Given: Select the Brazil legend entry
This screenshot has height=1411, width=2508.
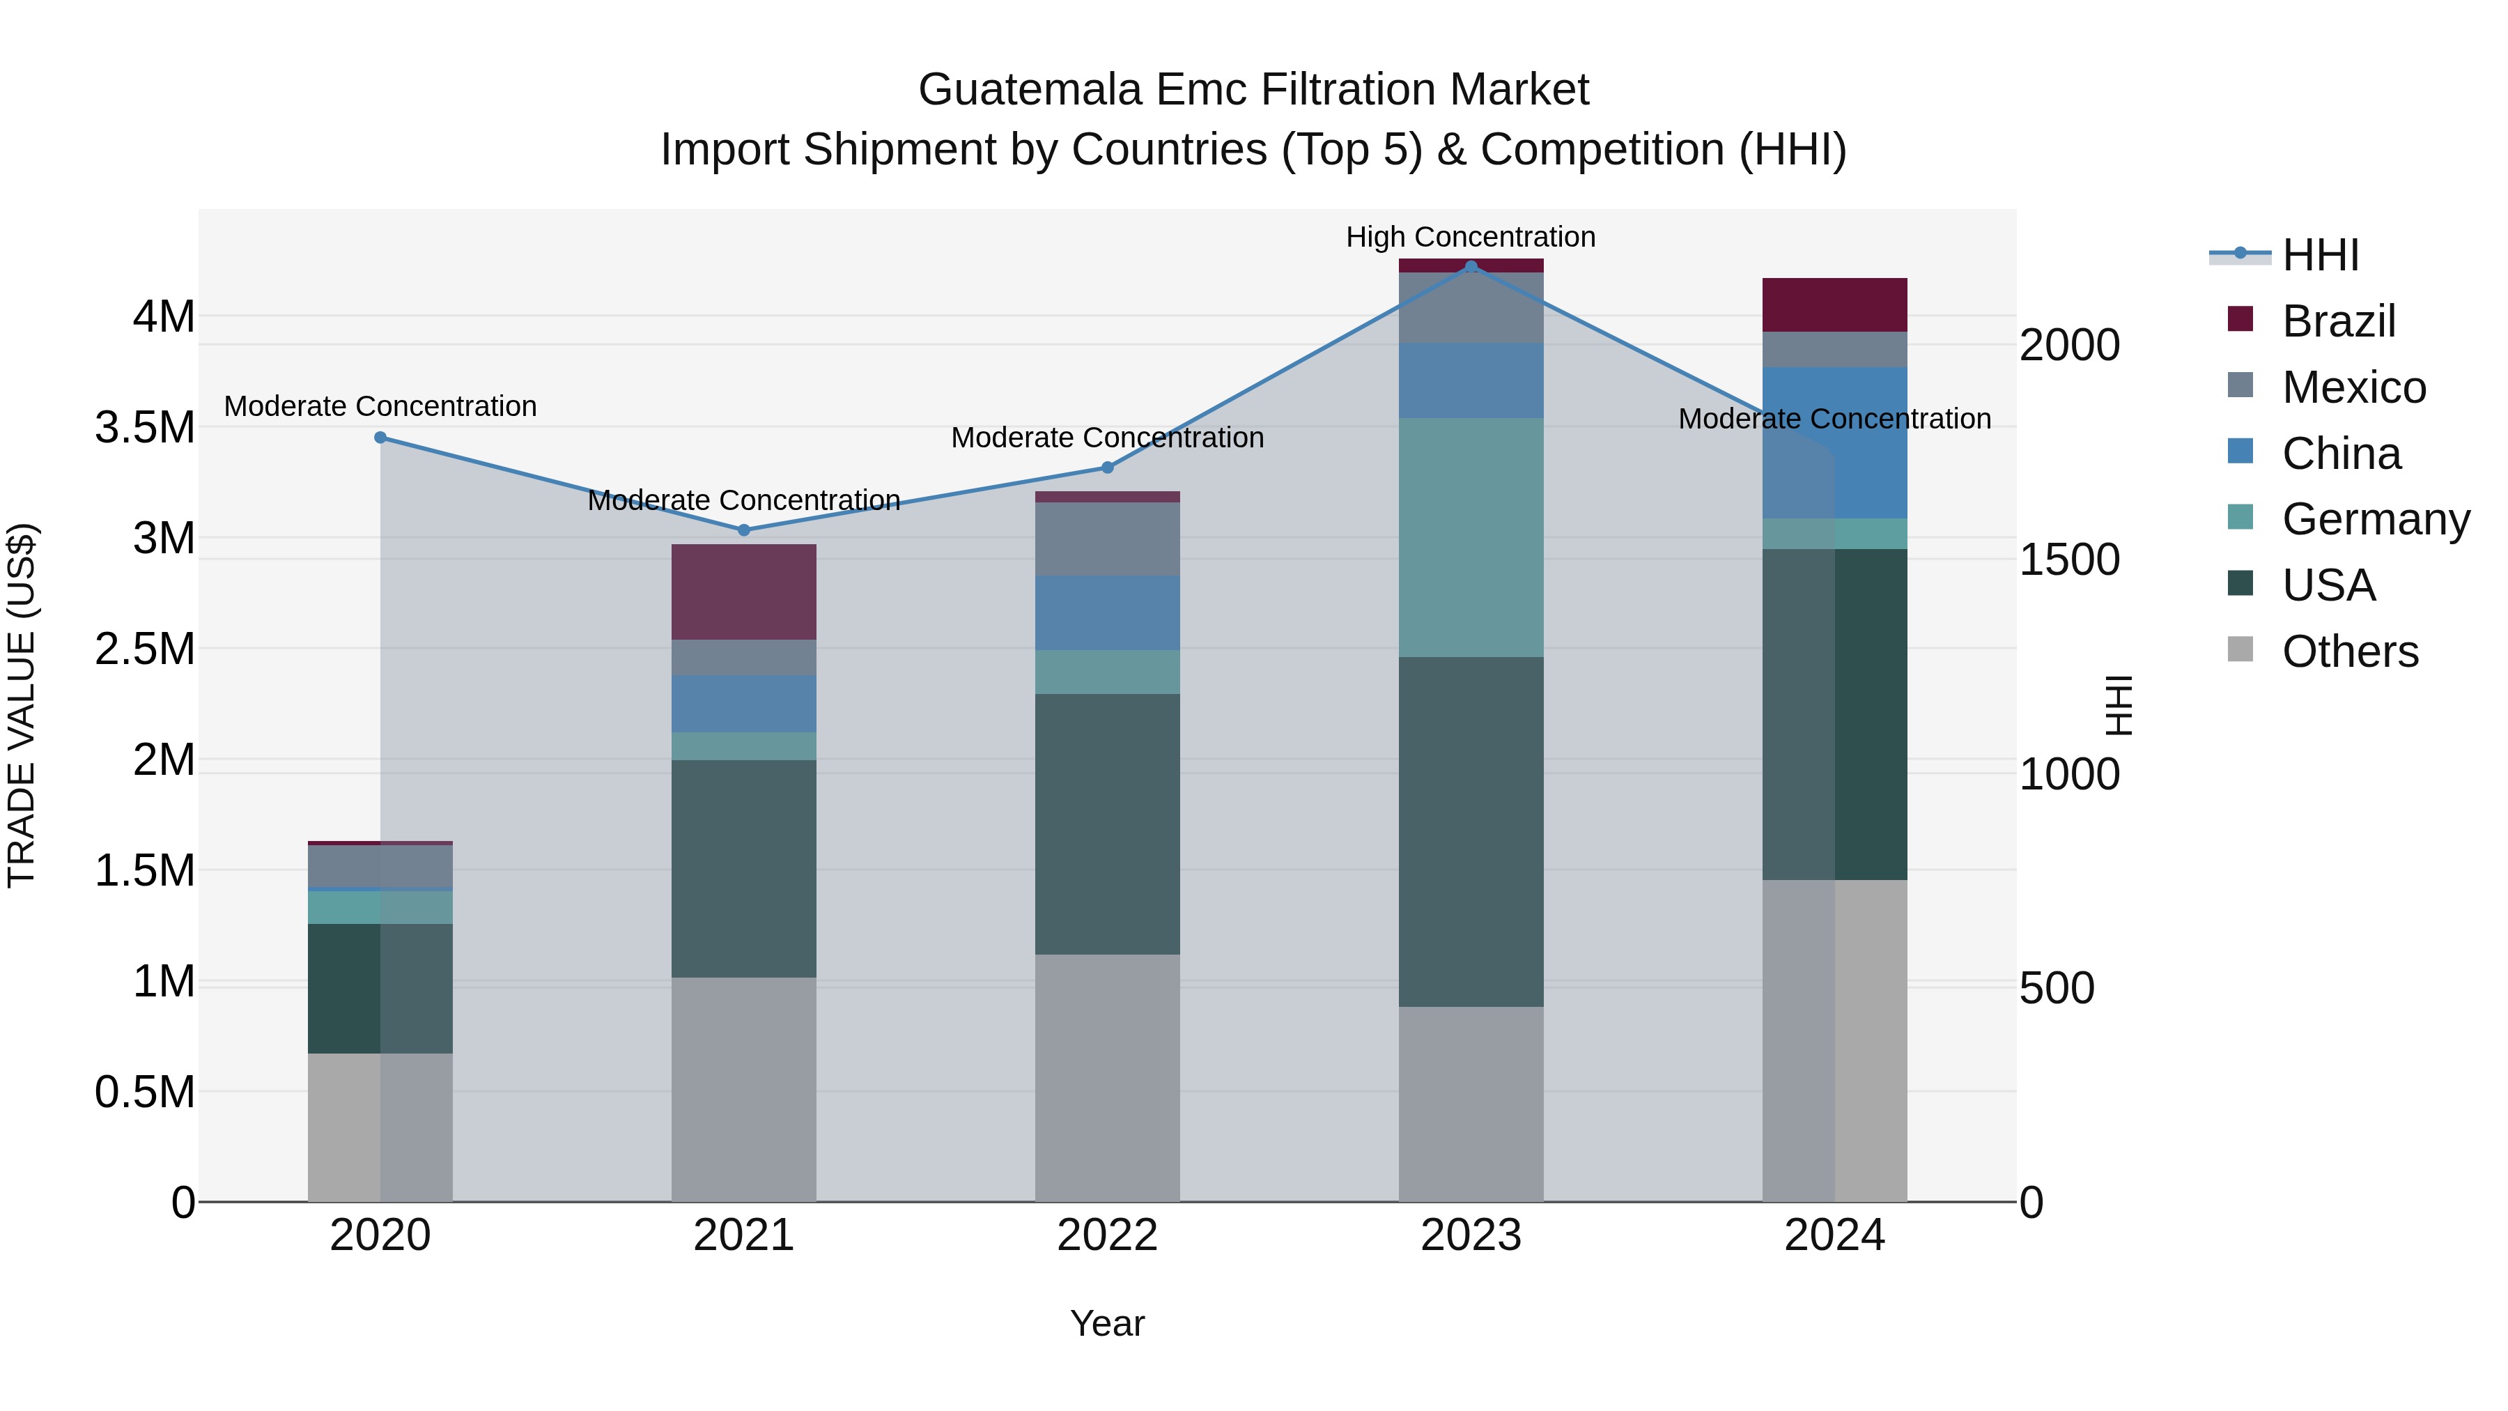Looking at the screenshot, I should point(2337,321).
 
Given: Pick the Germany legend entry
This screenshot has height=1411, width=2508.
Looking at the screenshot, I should point(2375,519).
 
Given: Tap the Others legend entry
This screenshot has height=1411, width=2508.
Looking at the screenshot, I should point(2349,651).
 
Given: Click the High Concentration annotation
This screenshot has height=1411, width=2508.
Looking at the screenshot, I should point(1470,237).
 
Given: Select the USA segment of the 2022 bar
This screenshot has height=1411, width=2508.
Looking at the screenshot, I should point(1107,824).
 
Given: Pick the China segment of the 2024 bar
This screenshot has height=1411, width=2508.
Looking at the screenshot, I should point(1834,443).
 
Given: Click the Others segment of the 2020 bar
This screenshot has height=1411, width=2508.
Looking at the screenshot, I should point(380,1127).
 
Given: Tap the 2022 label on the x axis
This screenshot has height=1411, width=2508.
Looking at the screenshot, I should point(1107,1235).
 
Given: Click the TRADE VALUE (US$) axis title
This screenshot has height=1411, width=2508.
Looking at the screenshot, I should point(22,705).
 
